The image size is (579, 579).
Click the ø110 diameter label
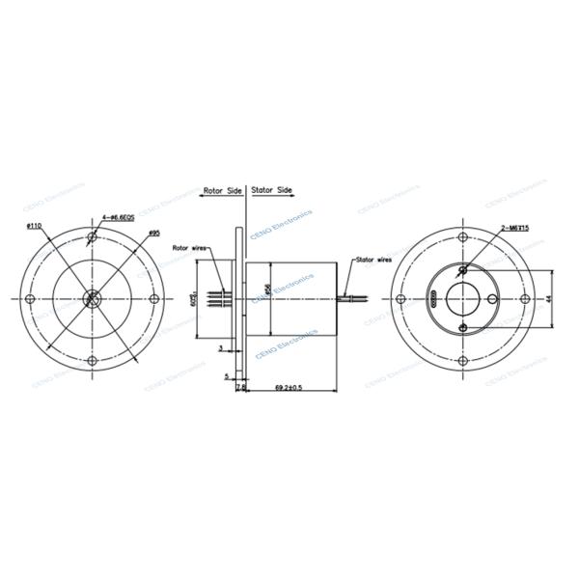33,226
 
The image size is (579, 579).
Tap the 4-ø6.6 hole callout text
117,218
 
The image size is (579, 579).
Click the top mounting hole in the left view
93,237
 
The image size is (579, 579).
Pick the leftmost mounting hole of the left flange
32,298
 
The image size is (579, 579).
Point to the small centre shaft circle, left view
93,298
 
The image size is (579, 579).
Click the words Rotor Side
222,191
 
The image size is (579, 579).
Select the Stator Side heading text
272,191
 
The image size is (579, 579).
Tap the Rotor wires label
190,248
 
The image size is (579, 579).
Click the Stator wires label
373,260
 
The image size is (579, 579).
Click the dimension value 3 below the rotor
220,346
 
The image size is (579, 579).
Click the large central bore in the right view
468,299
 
